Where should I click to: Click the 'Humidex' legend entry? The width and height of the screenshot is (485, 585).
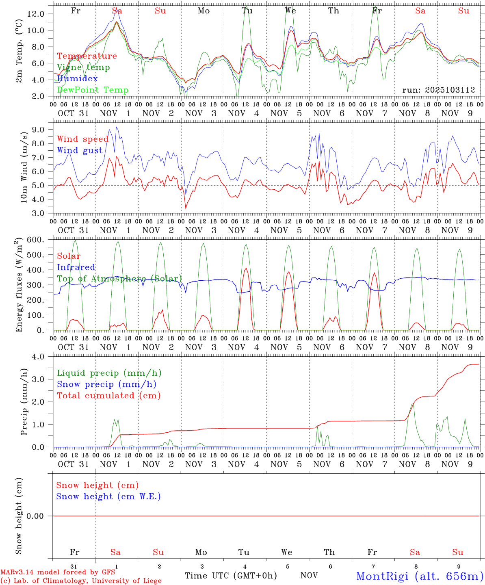pos(78,78)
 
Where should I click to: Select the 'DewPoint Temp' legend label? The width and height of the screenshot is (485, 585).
pos(93,90)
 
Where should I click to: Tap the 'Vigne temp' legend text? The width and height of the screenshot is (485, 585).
pos(83,67)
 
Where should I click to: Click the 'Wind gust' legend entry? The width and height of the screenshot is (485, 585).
pos(80,150)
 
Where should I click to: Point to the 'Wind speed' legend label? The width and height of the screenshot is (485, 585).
pos(82,139)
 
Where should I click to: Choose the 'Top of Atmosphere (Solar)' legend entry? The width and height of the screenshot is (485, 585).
pos(119,278)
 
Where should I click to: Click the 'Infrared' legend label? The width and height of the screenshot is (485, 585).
pos(76,267)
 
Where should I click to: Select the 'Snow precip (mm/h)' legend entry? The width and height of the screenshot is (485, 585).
pos(106,384)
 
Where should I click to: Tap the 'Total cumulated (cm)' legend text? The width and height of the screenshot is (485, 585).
pos(108,395)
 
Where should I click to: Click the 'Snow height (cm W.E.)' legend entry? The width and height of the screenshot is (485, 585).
pos(108,496)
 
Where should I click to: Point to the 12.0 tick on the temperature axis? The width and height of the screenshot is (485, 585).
pos(35,13)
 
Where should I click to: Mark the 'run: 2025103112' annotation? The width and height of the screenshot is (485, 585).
pos(439,90)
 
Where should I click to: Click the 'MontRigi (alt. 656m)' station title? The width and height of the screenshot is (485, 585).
pos(420,576)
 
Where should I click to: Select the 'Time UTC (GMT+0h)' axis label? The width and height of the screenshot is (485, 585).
pos(231,576)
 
